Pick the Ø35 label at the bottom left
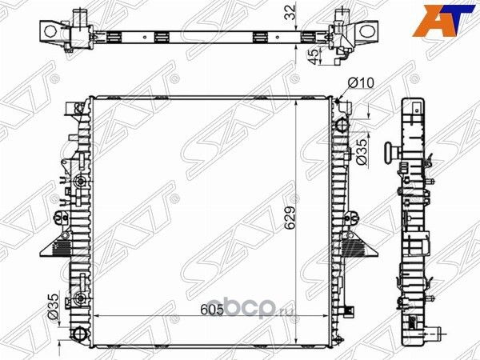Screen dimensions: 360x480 (x=53, y=306)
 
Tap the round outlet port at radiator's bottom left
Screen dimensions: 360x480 (x=78, y=334)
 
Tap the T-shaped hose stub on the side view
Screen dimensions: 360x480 (x=391, y=153)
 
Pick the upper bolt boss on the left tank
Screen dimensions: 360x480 (x=78, y=185)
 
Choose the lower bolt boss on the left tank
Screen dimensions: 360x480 (x=78, y=300)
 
